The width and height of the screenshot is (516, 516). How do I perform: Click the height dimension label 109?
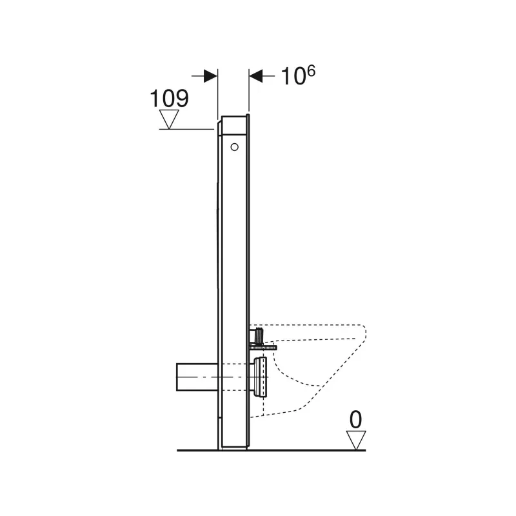[169, 98]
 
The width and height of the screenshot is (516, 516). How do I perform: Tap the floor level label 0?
[355, 420]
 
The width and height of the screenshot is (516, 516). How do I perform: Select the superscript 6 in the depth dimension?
[310, 71]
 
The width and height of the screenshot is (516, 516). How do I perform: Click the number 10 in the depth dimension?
[293, 77]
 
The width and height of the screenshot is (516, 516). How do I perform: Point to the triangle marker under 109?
[169, 119]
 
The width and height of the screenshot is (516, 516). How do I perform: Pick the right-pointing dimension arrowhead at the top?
[211, 76]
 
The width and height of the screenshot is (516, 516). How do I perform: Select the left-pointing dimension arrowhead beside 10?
[255, 76]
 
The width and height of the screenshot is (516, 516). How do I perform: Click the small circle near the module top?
[234, 147]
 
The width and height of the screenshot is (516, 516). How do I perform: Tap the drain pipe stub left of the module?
[197, 377]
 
